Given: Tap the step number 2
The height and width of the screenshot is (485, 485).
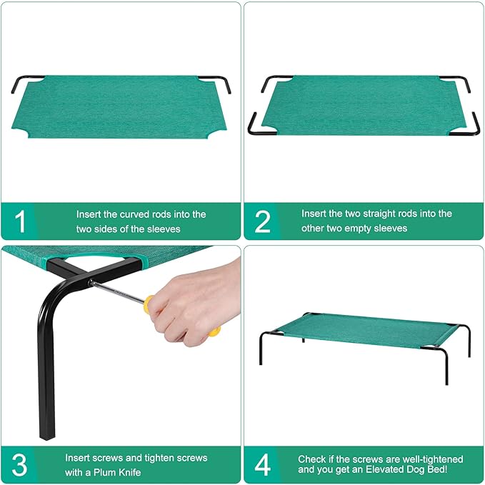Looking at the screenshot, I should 263,221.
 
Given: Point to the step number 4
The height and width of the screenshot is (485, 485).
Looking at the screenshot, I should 263,464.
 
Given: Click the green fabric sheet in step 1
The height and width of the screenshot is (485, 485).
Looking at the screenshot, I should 118,104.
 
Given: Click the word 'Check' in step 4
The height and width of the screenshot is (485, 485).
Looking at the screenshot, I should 311,459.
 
